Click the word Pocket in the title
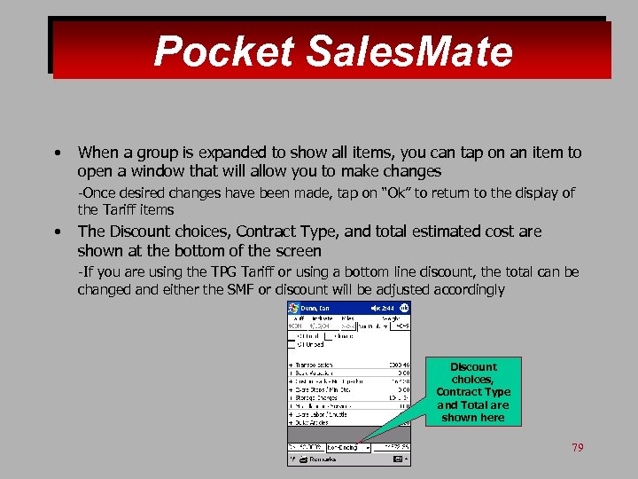(x=223, y=51)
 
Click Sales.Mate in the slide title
(x=408, y=51)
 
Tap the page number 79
(x=578, y=448)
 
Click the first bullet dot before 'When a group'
(x=57, y=153)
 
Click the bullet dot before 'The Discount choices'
(x=57, y=232)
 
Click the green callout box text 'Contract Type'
(x=473, y=392)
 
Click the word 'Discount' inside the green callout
(x=473, y=367)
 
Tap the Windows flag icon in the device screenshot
(x=294, y=308)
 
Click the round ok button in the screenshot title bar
(x=404, y=308)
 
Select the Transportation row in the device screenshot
(x=315, y=365)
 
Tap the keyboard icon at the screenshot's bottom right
(x=398, y=459)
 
